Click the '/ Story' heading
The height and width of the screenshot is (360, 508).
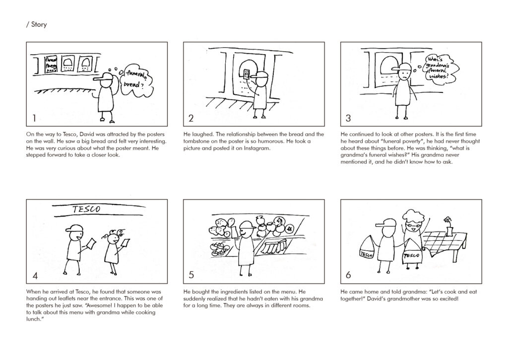[x=36, y=25]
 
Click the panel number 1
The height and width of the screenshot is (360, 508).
[x=34, y=118]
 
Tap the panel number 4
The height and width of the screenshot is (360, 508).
[x=35, y=276]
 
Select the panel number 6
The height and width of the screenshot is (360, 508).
[x=348, y=275]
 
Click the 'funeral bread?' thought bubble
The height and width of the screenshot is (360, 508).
[x=136, y=80]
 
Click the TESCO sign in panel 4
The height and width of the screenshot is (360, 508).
[x=86, y=209]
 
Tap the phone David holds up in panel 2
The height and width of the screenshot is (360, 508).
[x=247, y=74]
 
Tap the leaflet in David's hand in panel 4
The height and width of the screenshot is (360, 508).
[x=91, y=244]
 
